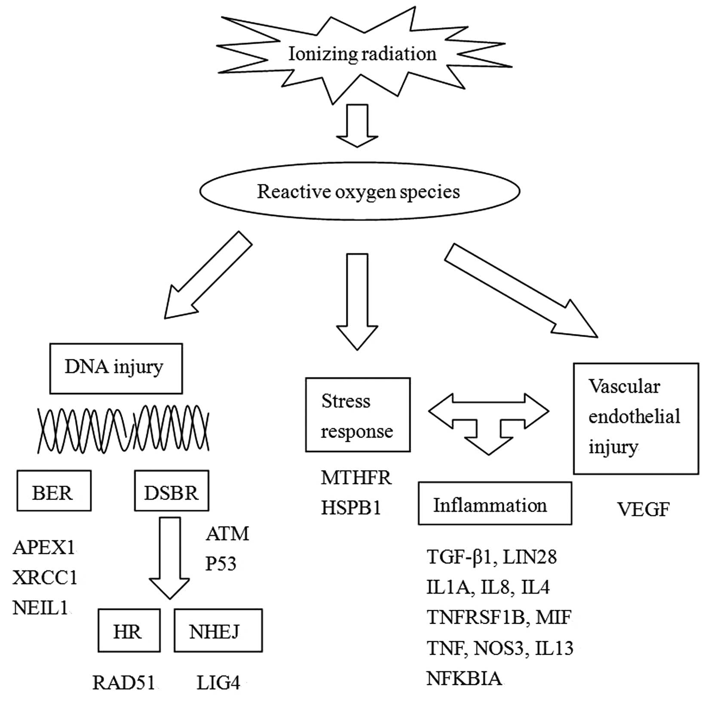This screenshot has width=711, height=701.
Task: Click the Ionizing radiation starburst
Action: point(362,54)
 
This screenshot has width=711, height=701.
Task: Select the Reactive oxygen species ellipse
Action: point(359,191)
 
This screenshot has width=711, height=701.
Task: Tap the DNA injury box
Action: point(116,368)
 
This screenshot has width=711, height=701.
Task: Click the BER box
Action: point(54,491)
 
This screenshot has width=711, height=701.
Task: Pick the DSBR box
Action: point(172,491)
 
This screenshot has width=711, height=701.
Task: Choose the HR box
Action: point(129,630)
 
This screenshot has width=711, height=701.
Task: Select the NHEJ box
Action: point(218,630)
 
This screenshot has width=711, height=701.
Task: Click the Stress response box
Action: point(358,415)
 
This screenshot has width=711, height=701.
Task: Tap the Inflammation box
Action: point(494,503)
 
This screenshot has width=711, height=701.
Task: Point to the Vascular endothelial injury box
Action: point(636,418)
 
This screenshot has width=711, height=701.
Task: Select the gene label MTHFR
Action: point(356,478)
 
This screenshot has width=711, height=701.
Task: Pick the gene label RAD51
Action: point(124,683)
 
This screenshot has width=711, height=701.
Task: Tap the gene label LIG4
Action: point(218,683)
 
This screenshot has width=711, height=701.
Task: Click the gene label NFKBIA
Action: point(464,678)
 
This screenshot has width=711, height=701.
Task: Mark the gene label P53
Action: point(221,563)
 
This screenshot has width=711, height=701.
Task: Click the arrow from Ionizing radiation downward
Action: point(357,126)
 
